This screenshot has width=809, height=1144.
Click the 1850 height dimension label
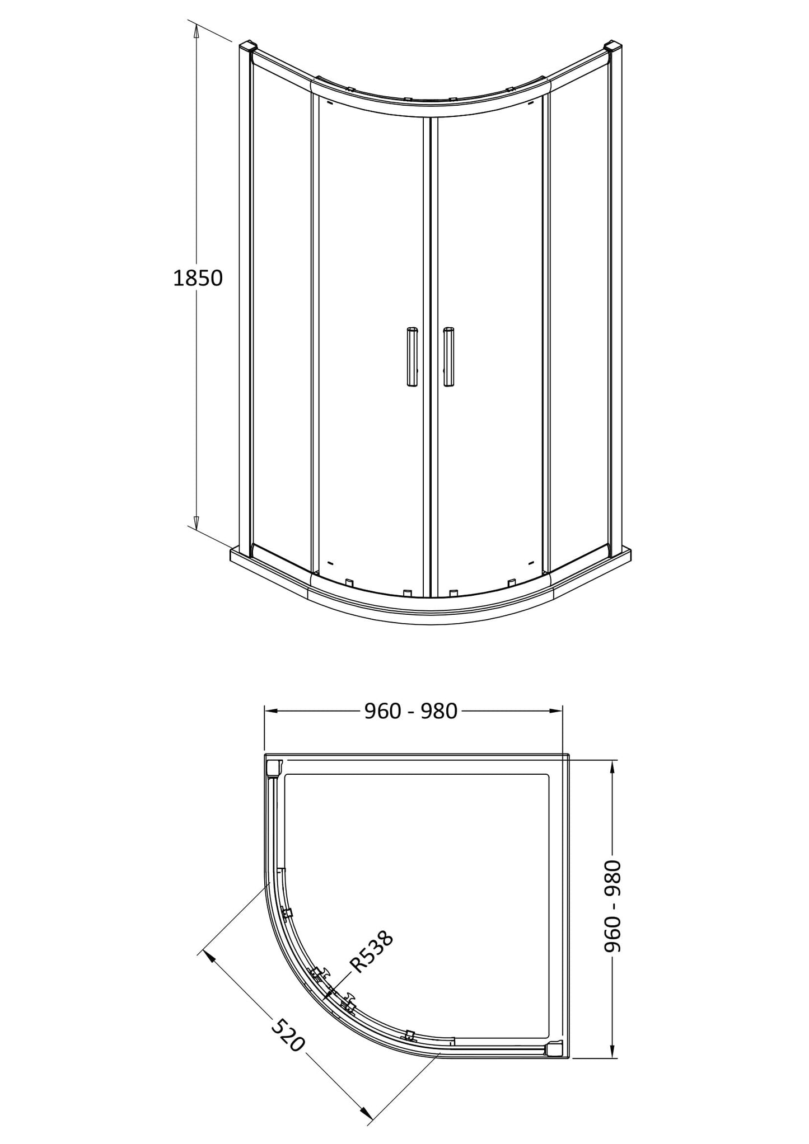coord(198,278)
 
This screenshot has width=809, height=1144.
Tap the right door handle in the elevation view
coord(448,356)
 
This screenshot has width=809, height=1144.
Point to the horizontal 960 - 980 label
coord(411,710)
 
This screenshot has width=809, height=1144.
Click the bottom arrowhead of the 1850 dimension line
coord(196,522)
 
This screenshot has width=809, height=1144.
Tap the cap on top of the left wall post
coord(247,45)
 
